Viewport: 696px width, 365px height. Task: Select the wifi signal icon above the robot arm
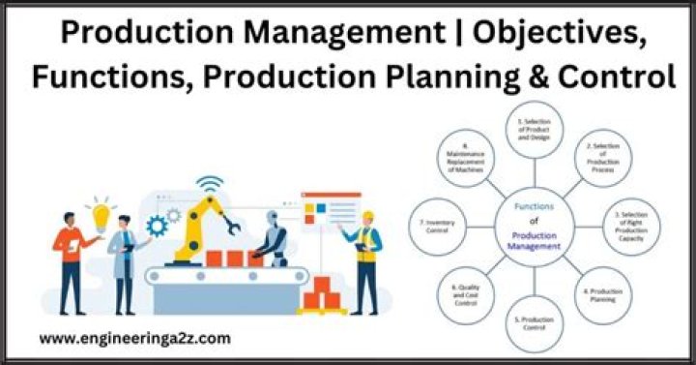tap(210, 185)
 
